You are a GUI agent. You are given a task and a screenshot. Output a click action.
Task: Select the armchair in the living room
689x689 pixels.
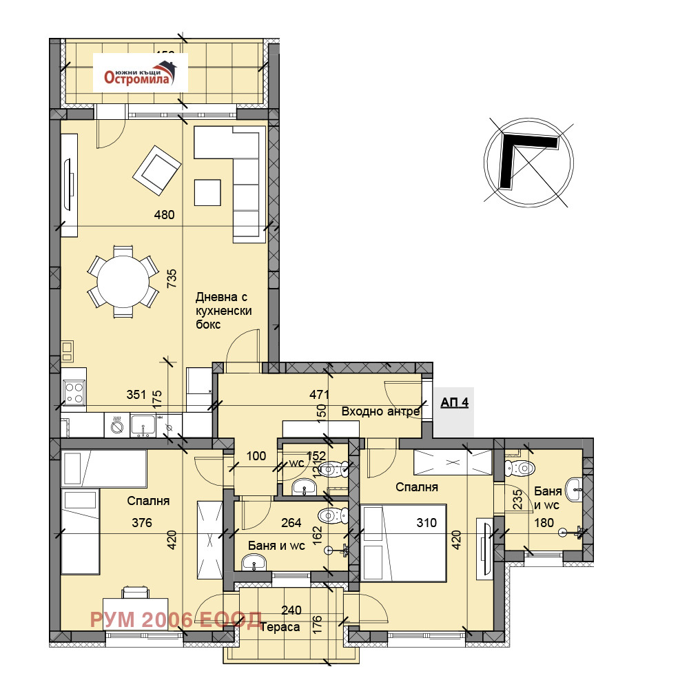coord(157,169)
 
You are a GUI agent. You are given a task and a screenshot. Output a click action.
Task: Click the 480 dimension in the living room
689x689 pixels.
coord(164,215)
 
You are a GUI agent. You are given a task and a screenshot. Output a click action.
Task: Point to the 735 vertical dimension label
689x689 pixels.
coord(172,278)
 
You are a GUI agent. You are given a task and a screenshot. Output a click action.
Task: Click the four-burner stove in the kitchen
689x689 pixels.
coord(74,393)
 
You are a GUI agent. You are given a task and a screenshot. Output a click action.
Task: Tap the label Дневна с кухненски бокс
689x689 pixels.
coord(223,311)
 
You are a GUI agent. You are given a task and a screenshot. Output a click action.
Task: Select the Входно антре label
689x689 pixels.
coord(380,411)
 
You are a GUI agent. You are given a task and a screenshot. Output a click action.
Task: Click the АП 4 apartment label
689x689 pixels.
coord(454,402)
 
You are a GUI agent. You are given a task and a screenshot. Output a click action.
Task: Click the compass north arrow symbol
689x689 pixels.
coord(528,161)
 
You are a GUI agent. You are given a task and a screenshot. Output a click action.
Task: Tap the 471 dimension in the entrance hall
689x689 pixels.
coord(320,395)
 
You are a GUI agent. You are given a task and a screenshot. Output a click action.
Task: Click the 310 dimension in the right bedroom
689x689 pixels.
coord(426,523)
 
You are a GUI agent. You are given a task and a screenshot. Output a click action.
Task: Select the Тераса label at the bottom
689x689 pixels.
coord(285,627)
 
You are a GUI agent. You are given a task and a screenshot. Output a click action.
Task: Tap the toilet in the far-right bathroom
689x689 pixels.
coord(520,469)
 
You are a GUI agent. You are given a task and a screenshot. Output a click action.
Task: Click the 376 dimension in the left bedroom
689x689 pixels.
coord(142,523)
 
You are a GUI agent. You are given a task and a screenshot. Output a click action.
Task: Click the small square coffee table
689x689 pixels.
coord(207,192)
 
